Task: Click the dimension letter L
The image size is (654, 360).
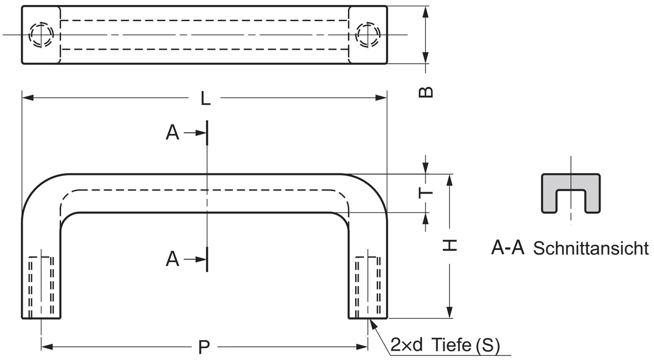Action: [x=206, y=98]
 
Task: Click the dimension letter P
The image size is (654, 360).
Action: [x=205, y=347]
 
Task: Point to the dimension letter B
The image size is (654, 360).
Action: [x=426, y=92]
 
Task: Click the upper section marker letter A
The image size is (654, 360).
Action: [x=172, y=133]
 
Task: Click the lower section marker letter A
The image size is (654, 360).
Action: [x=172, y=259]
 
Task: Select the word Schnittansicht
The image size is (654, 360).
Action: [x=591, y=248]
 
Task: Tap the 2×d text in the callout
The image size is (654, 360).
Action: [x=406, y=346]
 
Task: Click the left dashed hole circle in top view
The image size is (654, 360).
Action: [x=41, y=34]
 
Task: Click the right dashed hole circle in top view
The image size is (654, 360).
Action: [x=368, y=34]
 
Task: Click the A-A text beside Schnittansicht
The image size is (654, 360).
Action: [x=507, y=248]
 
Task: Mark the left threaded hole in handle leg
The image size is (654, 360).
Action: [x=41, y=288]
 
